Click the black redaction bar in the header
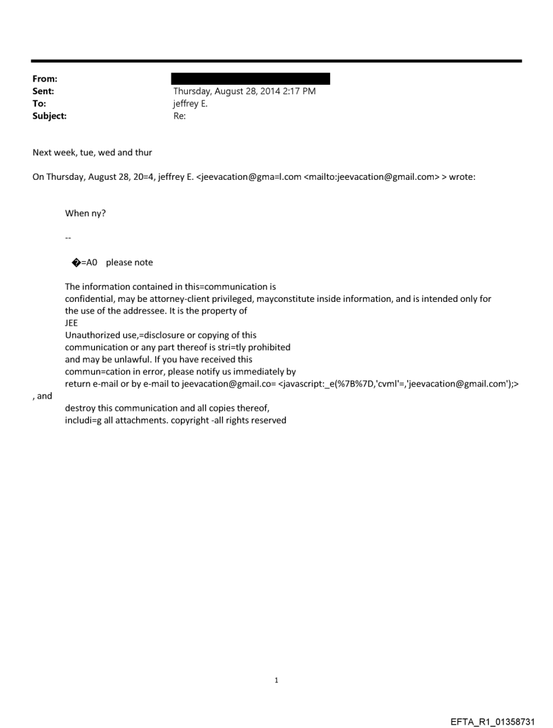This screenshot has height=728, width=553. [251, 79]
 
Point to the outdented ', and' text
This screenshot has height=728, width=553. [43, 396]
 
